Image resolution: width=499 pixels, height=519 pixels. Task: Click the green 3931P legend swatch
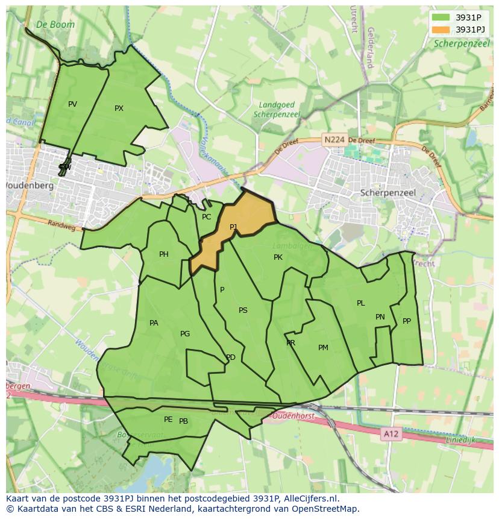[441, 17]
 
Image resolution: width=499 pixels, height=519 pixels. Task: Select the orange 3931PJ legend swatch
[441, 30]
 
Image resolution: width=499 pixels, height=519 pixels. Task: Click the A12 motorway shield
[391, 433]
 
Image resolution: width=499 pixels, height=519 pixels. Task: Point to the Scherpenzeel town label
[388, 193]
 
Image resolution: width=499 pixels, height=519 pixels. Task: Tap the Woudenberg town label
[30, 186]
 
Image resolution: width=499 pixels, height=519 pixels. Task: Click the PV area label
[72, 104]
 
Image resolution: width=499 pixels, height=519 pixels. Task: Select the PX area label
[119, 109]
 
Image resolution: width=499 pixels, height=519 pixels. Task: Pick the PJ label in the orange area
[233, 227]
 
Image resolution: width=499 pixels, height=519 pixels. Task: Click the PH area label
[164, 254]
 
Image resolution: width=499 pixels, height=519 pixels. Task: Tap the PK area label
[278, 257]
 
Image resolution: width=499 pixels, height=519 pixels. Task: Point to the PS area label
[243, 310]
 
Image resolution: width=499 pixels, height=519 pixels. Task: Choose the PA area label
[154, 323]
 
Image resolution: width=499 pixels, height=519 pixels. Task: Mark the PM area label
[323, 348]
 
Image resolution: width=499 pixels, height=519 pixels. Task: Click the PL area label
[360, 303]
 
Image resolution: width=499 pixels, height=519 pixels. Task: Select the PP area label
[407, 321]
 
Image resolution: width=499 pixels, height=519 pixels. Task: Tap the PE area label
[168, 420]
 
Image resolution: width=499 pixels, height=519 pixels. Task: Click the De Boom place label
[55, 25]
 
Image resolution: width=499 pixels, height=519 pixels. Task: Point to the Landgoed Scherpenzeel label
[277, 109]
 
